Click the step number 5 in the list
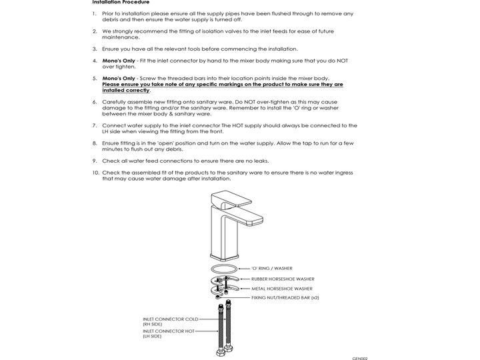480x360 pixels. (95, 79)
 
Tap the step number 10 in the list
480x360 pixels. (96, 173)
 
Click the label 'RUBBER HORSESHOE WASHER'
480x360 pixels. (283, 279)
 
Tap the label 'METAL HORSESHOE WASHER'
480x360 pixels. (282, 289)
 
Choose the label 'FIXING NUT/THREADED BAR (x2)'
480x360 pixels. (285, 297)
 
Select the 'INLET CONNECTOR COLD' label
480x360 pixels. (171, 319)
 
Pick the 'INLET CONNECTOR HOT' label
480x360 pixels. (169, 331)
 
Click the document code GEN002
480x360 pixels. (360, 358)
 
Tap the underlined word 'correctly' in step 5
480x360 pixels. (137, 90)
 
